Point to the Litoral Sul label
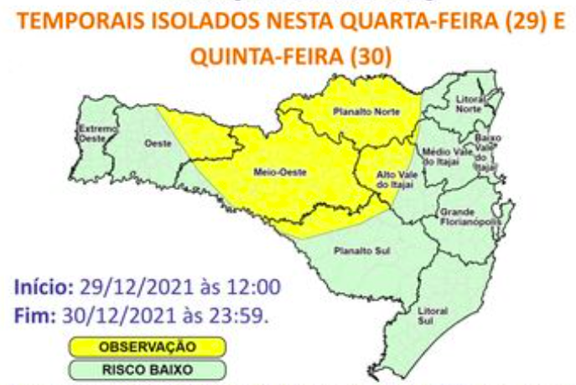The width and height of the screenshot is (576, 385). (x=427, y=315)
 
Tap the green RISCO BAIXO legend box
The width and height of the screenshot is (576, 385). (x=147, y=367)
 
